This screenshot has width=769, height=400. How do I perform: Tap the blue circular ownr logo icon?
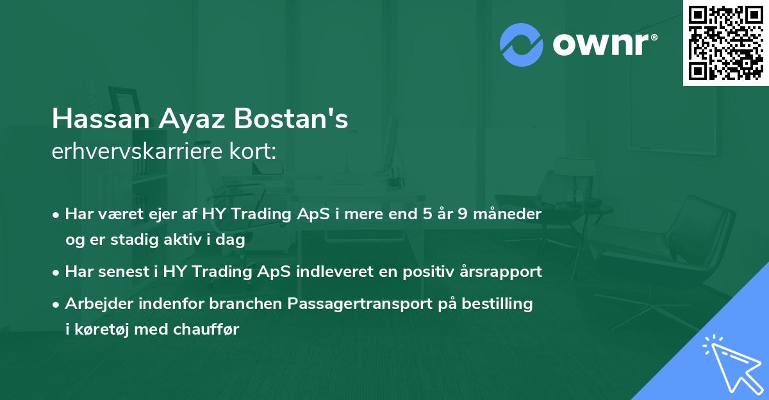pyautogui.click(x=521, y=45)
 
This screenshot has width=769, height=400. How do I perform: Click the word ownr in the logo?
pyautogui.click(x=604, y=45)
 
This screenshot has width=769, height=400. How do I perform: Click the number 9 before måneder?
pyautogui.click(x=467, y=213)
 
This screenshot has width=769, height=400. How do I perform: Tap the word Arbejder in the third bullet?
pyautogui.click(x=94, y=304)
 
